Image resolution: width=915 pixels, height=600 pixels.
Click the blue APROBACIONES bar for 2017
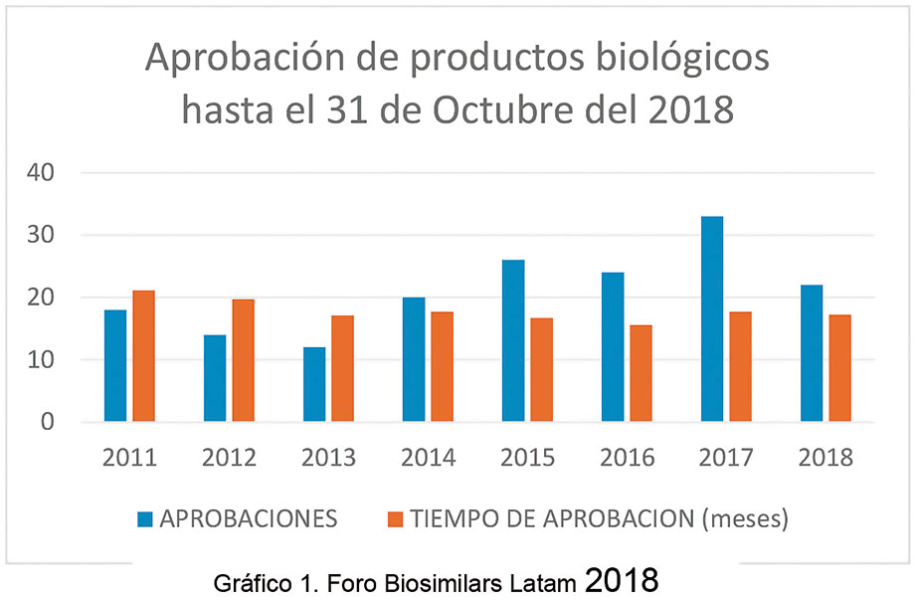(712, 319)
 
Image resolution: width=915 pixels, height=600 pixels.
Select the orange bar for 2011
(143, 356)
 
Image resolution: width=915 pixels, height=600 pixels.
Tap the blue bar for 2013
(314, 384)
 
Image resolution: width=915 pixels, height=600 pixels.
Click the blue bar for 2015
(513, 341)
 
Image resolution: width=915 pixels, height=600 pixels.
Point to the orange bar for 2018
(839, 368)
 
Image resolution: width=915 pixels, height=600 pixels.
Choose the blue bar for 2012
(215, 378)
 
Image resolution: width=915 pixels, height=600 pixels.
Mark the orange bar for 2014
(442, 367)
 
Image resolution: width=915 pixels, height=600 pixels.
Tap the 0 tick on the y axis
(47, 422)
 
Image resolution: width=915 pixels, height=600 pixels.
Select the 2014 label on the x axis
(429, 458)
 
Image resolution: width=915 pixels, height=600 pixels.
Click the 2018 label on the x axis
(826, 458)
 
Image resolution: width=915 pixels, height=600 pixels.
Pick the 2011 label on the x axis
(130, 458)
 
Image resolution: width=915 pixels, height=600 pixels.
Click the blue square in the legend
(145, 518)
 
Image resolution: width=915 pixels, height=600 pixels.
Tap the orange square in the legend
(395, 518)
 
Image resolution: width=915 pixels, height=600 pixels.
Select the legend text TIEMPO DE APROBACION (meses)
(599, 518)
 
